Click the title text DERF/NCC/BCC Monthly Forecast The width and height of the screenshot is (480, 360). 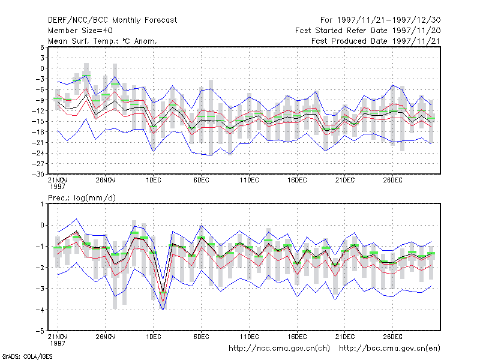coord(112,20)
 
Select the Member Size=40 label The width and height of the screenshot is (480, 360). coord(80,31)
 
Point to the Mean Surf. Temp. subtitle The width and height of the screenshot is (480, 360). coord(103,41)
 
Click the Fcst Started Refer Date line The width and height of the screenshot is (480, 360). coord(368,31)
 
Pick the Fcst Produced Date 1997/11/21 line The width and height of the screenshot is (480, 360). coord(376,41)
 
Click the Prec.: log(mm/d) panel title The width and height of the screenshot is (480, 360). coord(82,198)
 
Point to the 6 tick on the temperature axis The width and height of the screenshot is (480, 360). coord(42,47)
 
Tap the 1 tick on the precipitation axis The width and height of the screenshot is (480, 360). coord(42,204)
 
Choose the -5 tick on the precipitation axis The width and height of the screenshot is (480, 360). coord(40,331)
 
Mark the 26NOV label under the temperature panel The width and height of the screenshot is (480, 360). coord(106,180)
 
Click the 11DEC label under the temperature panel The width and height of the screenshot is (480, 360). coord(249,180)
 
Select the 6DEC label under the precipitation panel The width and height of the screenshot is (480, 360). coord(202,337)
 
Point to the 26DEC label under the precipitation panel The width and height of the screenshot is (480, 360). coord(393,337)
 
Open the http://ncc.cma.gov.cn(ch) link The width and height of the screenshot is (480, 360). coord(280,349)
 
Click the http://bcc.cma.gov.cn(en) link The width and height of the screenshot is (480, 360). coord(389,349)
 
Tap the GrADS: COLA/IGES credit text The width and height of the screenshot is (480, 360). coord(27,356)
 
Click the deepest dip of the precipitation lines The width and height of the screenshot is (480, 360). coord(163,310)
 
